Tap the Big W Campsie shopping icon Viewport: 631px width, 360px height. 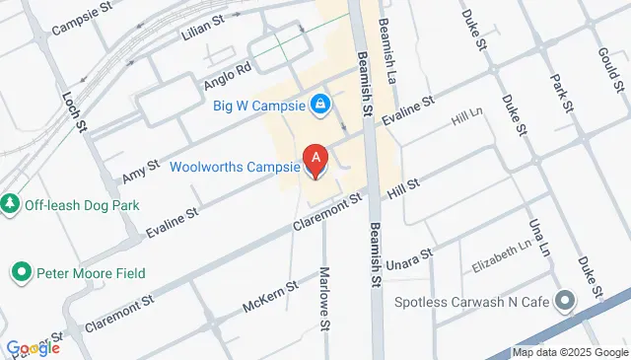(319, 103)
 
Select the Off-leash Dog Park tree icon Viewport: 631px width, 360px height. (11, 204)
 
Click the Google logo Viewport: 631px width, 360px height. (33, 348)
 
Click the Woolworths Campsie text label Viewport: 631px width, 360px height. (234, 166)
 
